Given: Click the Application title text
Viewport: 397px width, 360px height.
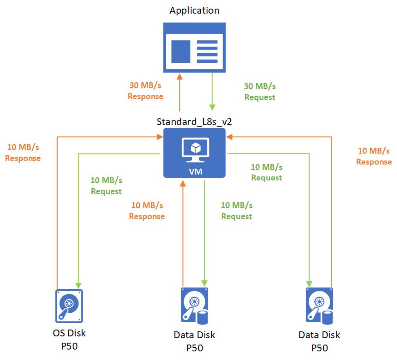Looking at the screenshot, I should (194, 10).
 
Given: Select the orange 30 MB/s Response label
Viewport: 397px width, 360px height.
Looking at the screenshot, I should (145, 91).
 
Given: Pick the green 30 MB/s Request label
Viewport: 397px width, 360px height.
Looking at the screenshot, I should (260, 91).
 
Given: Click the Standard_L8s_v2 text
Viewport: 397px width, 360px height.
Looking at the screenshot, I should (194, 122).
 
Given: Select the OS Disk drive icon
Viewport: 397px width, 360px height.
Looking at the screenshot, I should (69, 306).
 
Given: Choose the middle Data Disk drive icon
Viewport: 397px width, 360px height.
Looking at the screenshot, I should (194, 306).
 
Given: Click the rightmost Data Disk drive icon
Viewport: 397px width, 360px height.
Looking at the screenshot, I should (319, 306).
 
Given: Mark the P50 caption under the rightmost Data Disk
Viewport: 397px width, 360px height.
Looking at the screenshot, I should (319, 348).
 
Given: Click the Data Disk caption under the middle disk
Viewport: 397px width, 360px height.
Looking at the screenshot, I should (194, 335).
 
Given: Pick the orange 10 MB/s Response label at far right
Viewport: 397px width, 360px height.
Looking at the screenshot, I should (374, 156).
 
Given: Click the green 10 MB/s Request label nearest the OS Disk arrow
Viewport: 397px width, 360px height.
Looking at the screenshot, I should (106, 186).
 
